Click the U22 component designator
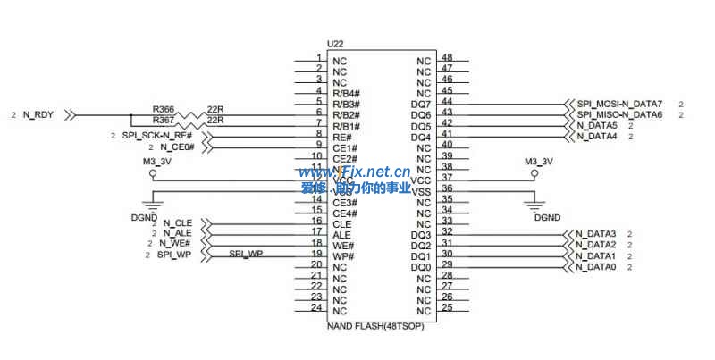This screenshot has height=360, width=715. click(335, 43)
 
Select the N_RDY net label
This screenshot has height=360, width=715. click(38, 115)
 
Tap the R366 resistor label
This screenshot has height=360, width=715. click(164, 108)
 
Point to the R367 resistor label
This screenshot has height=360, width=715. click(164, 120)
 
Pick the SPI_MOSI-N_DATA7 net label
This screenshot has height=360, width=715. click(619, 105)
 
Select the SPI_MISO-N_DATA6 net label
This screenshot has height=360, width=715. click(619, 115)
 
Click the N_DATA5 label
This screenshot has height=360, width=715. click(597, 126)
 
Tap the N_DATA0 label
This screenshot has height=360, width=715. click(597, 267)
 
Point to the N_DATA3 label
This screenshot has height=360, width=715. click(597, 234)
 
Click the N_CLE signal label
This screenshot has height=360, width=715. click(178, 222)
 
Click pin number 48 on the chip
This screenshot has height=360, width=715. click(447, 58)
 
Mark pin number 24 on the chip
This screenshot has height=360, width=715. click(315, 307)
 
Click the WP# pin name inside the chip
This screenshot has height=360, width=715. click(344, 256)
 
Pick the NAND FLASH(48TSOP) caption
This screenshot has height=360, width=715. click(375, 326)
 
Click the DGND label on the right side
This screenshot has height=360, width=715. click(547, 217)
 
